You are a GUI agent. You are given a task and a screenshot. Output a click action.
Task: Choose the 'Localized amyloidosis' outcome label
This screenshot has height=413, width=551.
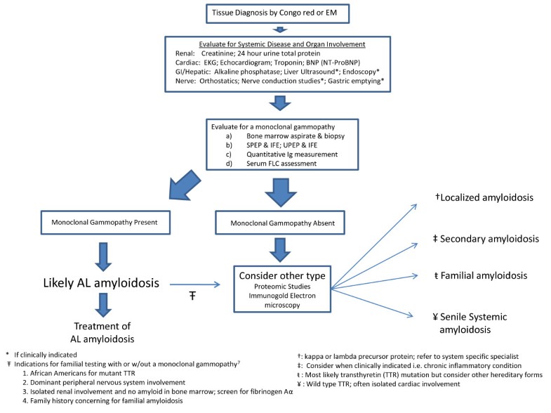[484, 199]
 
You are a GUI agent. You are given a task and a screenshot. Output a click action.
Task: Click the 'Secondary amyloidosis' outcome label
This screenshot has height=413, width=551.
[485, 239]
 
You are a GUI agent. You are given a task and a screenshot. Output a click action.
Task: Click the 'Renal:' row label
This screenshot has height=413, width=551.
[187, 53]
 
